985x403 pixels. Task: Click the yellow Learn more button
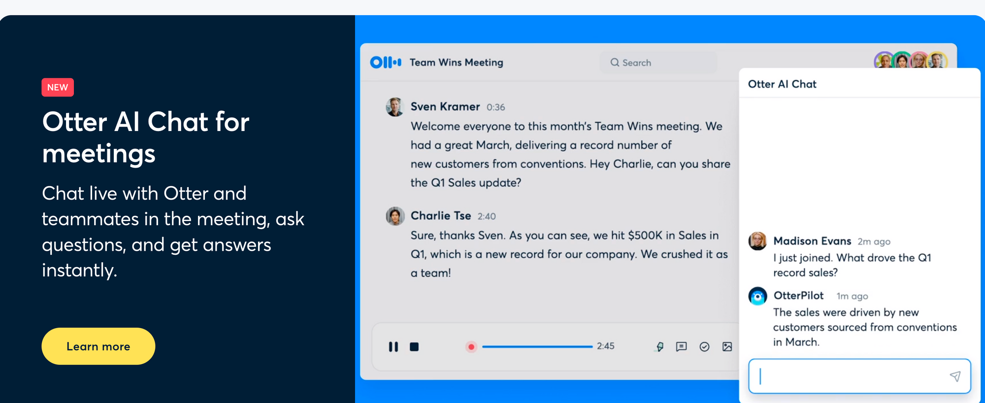tap(98, 346)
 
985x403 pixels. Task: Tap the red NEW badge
tap(58, 87)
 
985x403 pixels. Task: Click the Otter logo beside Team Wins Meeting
tap(386, 62)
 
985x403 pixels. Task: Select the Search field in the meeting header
tap(658, 63)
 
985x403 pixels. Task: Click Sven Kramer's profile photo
tap(395, 107)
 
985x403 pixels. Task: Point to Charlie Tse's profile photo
tap(395, 216)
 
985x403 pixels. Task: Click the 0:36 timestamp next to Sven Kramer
tap(495, 107)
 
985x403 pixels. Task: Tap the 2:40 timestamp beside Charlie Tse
tap(487, 216)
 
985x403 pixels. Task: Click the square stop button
tap(414, 347)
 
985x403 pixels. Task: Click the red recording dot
tap(471, 347)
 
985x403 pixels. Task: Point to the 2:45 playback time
tap(606, 346)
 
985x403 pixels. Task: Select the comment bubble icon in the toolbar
tap(681, 347)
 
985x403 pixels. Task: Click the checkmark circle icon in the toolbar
tap(704, 347)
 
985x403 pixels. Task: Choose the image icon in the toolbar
tap(727, 347)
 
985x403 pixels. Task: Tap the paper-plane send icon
tap(955, 376)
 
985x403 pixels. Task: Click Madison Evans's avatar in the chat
tap(757, 241)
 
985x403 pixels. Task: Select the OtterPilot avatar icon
tap(757, 296)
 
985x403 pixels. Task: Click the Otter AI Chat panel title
tap(782, 84)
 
